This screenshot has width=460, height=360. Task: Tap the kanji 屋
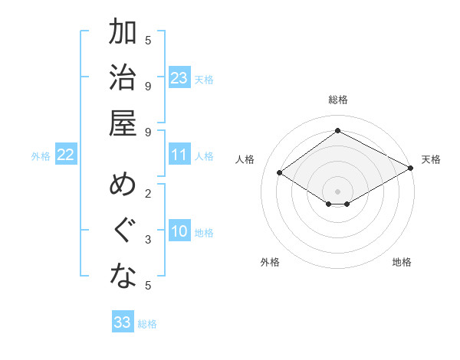[123, 124]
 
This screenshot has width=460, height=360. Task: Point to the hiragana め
[123, 186]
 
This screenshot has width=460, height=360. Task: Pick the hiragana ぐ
[123, 231]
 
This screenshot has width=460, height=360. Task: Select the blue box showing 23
[179, 78]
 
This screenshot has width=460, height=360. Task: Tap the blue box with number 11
[179, 155]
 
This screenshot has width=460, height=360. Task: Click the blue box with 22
[66, 155]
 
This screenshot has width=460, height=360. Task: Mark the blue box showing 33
[123, 322]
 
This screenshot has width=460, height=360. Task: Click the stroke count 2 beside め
[148, 194]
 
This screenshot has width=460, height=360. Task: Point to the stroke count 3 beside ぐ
[148, 240]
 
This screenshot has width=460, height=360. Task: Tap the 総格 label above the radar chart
[337, 100]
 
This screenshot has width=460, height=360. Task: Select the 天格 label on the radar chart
[431, 159]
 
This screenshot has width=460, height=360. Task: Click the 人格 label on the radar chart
[245, 159]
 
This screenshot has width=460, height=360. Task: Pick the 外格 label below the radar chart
[270, 262]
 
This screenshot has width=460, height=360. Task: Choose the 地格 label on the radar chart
[402, 262]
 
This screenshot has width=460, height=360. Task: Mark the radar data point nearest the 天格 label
[412, 168]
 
